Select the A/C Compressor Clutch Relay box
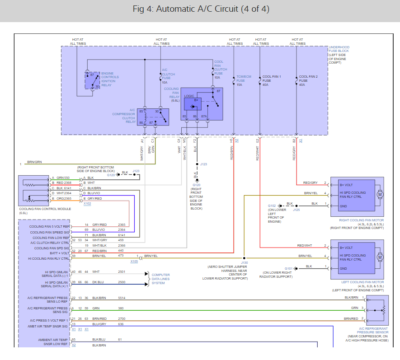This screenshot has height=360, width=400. point(153,117)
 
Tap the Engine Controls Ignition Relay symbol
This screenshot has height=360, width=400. point(92,80)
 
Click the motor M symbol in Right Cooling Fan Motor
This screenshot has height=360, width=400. point(380,195)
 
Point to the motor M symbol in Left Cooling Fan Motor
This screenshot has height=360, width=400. point(380,257)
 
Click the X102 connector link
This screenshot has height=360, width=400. point(87,204)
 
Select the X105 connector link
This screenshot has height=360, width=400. point(134,262)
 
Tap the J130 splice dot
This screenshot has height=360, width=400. point(244,258)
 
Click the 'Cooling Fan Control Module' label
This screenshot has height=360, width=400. point(45,209)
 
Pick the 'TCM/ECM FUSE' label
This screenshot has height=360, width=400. point(244,79)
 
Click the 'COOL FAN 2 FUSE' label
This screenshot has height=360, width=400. point(308,79)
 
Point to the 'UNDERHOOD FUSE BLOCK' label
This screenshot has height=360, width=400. point(339,49)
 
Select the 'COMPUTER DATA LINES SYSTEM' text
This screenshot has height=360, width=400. point(160,279)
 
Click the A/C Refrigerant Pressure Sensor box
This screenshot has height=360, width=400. point(377,310)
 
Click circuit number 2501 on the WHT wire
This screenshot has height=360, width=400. point(122,272)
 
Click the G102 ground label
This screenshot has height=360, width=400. point(272,206)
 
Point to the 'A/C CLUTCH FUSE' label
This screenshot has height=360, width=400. point(169,74)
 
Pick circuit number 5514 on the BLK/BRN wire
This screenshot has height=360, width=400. point(122,298)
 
